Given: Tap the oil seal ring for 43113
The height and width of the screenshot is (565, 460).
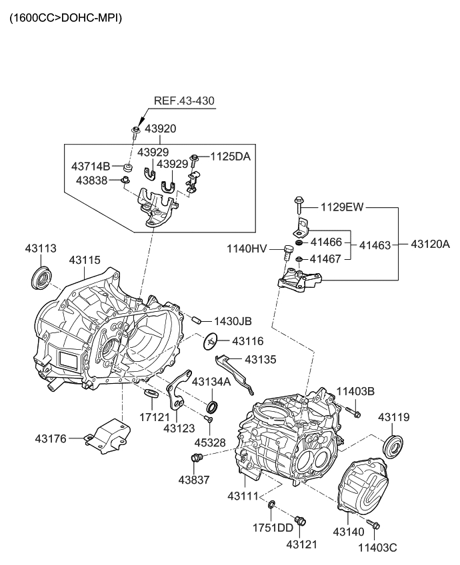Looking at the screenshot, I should click(x=41, y=277).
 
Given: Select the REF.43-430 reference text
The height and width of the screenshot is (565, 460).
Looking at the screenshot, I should click(x=185, y=101).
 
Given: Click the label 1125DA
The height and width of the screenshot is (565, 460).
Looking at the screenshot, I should click(x=231, y=157).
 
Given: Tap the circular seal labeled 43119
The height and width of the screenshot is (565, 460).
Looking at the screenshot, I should click(x=395, y=445).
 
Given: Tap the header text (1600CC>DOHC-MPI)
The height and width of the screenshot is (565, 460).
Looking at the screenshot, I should click(x=65, y=18).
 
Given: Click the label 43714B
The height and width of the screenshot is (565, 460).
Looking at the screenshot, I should click(x=91, y=165).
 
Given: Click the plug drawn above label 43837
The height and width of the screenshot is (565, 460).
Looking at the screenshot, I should click(x=196, y=458).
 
